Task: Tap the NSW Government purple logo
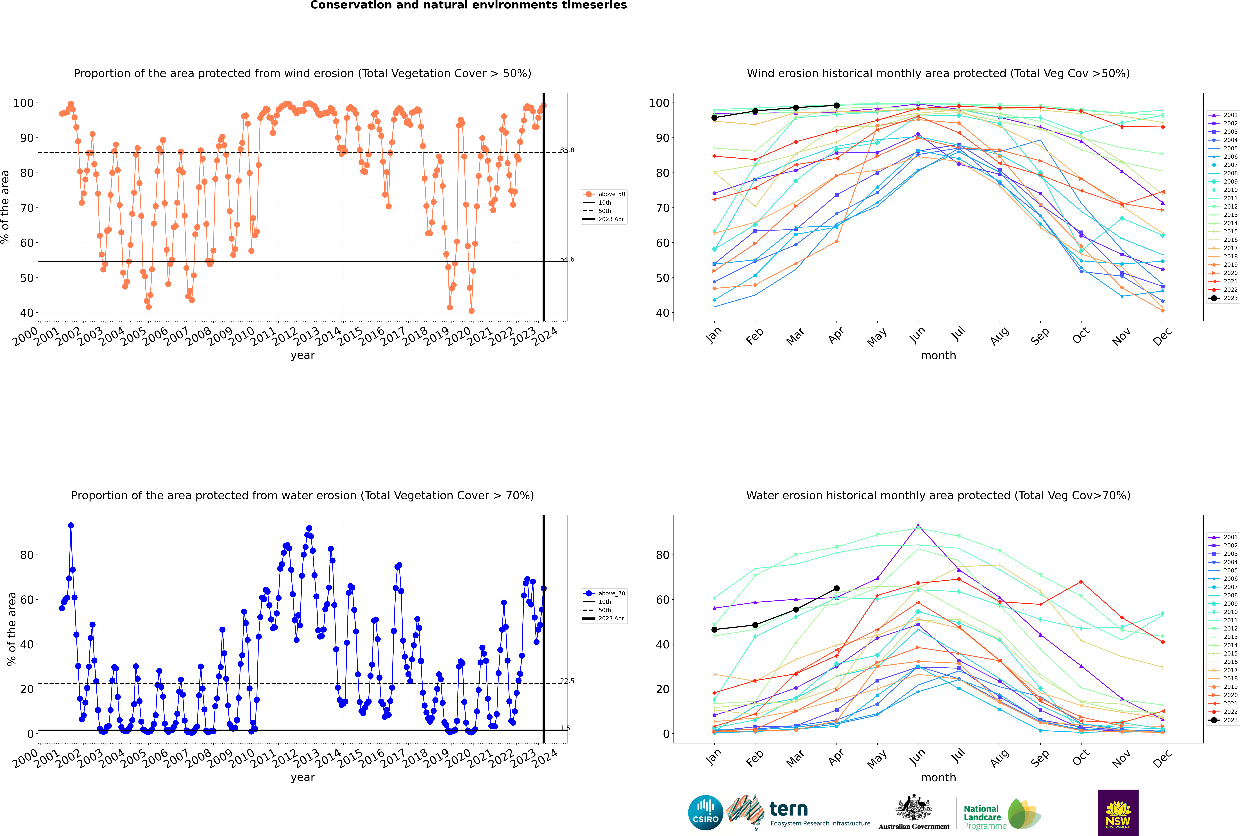tap(1118, 812)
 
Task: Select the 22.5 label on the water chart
tap(567, 681)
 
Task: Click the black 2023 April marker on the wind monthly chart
tap(837, 106)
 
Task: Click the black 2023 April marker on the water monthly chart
tap(837, 589)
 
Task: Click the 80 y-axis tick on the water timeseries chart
tap(27, 555)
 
